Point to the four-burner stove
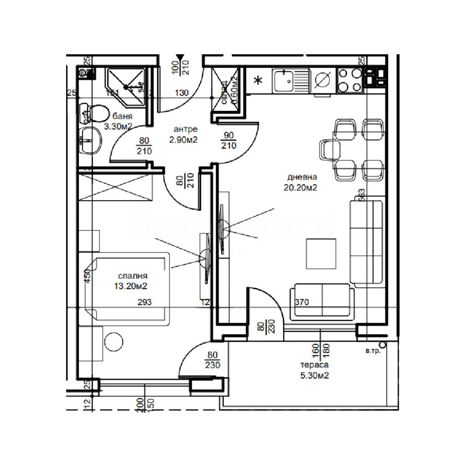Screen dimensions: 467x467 [350, 80]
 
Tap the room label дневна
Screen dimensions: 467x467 [302, 177]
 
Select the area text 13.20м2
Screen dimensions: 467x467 [131, 286]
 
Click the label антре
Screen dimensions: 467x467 [186, 129]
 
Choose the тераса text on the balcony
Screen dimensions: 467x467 [314, 365]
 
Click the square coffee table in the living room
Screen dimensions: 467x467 [321, 254]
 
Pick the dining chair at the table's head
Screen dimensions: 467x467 [329, 150]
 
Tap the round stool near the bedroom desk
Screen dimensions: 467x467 [114, 342]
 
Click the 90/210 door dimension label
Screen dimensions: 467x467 [229, 140]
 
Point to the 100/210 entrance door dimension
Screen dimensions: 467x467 [181, 67]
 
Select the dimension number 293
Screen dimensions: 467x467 [145, 302]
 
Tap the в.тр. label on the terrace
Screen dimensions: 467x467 [373, 351]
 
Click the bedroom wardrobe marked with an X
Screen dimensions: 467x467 [115, 187]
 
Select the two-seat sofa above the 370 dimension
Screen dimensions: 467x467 [322, 301]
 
